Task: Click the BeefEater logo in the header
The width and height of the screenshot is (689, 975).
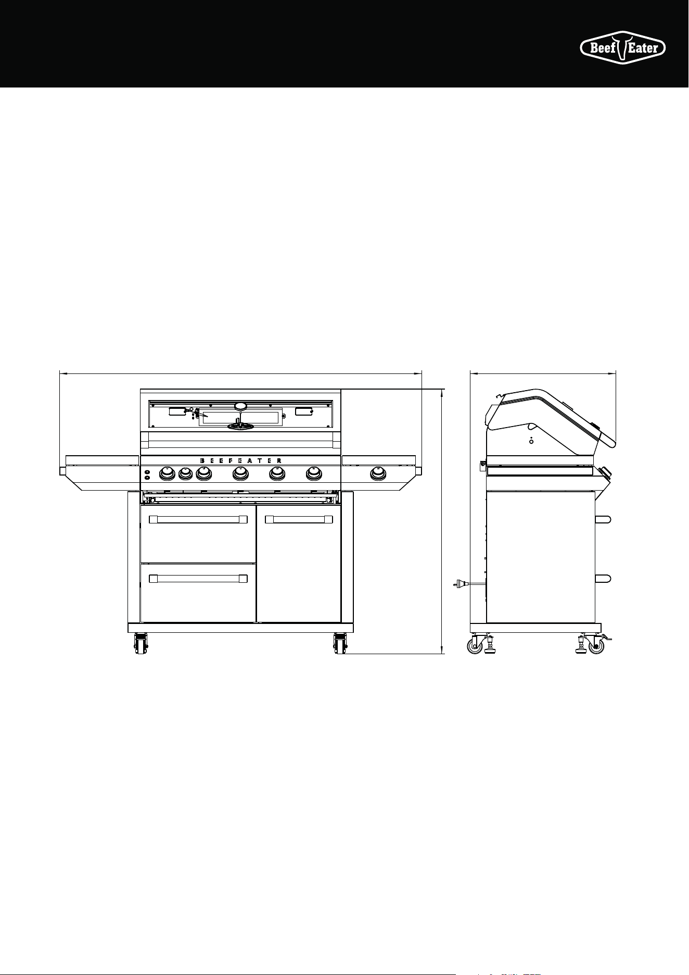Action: (623, 48)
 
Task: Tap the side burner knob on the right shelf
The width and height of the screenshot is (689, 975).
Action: (378, 473)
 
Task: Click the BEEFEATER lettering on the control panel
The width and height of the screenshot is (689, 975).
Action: (240, 460)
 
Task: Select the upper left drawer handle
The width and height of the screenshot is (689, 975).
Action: (198, 519)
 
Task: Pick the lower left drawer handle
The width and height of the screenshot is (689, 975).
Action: (198, 578)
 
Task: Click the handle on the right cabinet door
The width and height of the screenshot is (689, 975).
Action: (299, 519)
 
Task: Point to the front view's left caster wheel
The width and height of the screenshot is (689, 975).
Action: (141, 644)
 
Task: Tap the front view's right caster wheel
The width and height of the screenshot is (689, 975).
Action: (340, 644)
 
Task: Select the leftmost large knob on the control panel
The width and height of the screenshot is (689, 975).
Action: (167, 473)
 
